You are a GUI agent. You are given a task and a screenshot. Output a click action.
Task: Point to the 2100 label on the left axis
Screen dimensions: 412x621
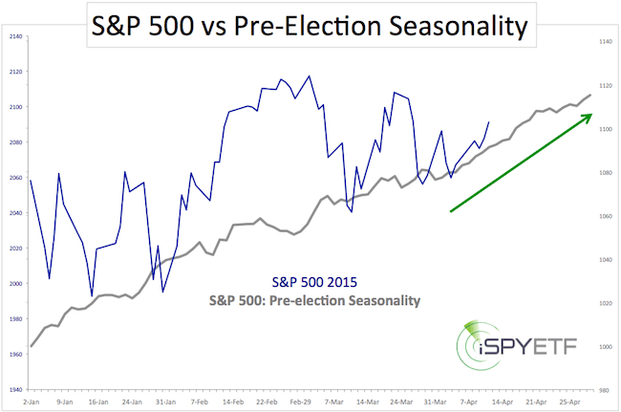click(x=15, y=106)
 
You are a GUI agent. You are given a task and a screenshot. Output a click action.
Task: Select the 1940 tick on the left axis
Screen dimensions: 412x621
click(x=15, y=391)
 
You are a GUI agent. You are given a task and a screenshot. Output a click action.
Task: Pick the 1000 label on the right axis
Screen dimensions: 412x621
click(x=603, y=346)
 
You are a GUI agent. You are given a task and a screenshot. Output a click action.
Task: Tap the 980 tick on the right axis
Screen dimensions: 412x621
click(x=603, y=391)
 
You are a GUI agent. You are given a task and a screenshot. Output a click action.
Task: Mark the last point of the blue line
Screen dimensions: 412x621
click(x=488, y=121)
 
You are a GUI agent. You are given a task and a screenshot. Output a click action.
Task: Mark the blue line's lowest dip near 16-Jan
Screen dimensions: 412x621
click(x=92, y=295)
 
